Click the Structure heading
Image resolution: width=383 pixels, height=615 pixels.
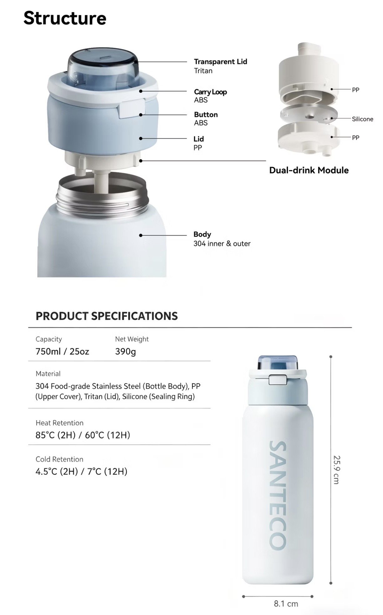click(x=65, y=18)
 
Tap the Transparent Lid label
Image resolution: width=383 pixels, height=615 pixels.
click(x=220, y=61)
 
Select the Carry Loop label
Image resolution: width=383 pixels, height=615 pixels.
click(x=210, y=92)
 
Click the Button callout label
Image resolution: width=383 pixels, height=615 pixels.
click(x=206, y=115)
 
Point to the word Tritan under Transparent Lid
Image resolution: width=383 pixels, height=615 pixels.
click(x=203, y=71)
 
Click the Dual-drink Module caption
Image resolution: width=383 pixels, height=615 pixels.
click(x=309, y=170)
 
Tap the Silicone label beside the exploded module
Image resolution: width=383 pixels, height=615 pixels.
click(x=362, y=119)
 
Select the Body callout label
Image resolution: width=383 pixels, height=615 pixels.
click(x=202, y=234)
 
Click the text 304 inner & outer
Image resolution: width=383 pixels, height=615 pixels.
click(x=222, y=244)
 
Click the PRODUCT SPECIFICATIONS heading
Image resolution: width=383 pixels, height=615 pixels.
click(x=107, y=316)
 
